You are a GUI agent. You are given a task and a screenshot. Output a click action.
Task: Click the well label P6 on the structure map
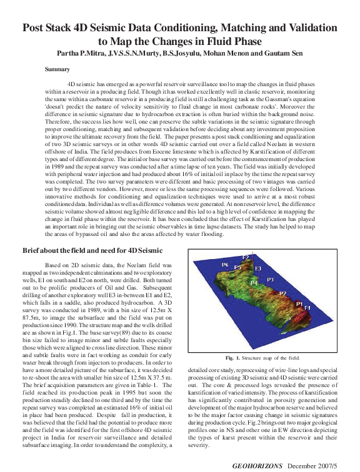[x=225, y=265]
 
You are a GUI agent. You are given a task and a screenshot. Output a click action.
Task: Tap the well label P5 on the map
[x=237, y=267]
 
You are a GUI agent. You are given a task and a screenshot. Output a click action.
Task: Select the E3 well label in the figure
[x=257, y=268]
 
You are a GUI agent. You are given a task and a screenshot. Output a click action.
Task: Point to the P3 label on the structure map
[x=270, y=279]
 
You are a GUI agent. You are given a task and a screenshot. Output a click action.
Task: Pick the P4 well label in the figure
[x=254, y=283]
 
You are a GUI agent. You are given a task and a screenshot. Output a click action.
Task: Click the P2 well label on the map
[x=282, y=293]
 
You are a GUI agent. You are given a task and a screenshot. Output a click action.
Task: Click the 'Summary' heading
[x=57, y=69]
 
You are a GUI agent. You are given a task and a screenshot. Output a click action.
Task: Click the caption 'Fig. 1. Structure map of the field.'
[x=262, y=358]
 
